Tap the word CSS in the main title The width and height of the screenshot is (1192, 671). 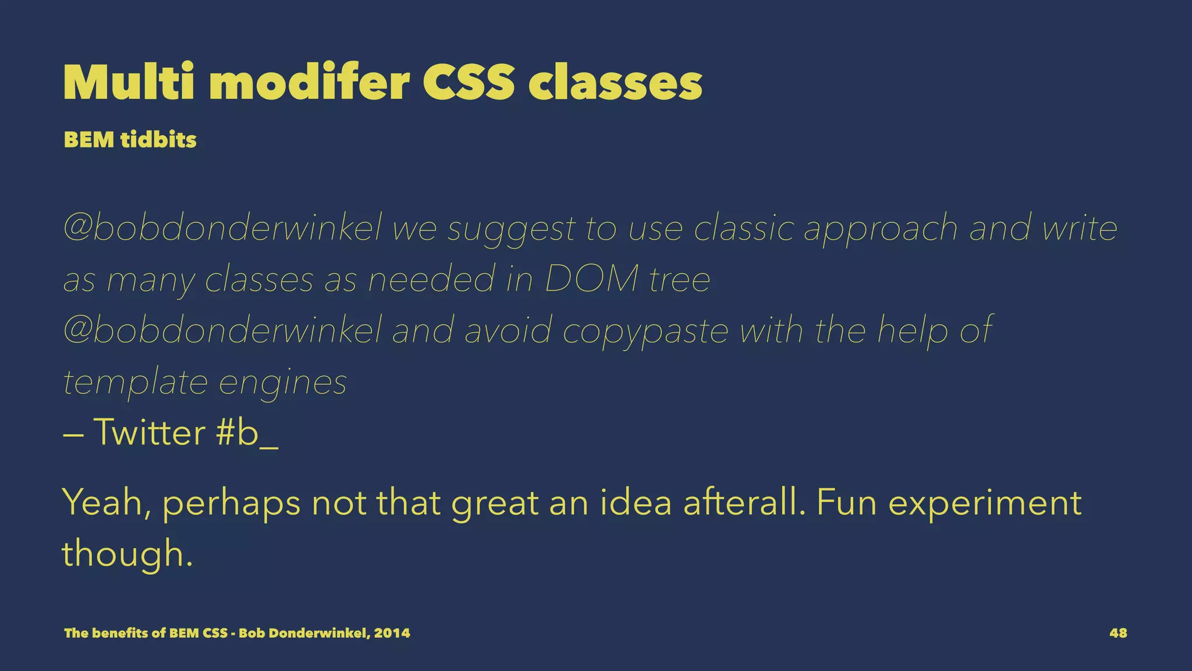[x=469, y=83]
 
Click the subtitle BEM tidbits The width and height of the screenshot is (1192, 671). [x=130, y=140]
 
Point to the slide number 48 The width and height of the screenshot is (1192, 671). [x=1118, y=633]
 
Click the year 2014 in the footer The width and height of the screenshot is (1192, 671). [x=392, y=633]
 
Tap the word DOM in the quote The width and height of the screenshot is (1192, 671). [x=591, y=280]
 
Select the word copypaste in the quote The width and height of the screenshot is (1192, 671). [x=645, y=331]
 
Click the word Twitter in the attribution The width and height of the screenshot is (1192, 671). [x=149, y=433]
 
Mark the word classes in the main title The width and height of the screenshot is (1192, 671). [x=615, y=83]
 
